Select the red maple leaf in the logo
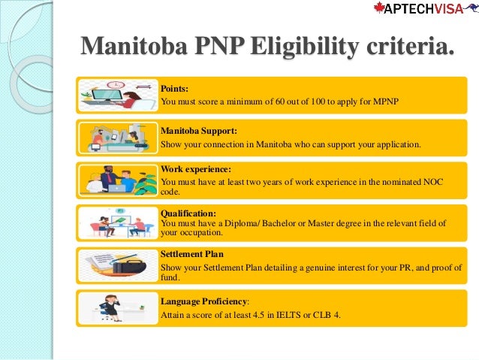click(380, 8)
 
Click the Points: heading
click(175, 88)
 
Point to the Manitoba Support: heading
click(199, 130)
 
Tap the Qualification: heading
click(188, 213)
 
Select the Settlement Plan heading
click(192, 254)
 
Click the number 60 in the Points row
click(281, 101)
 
